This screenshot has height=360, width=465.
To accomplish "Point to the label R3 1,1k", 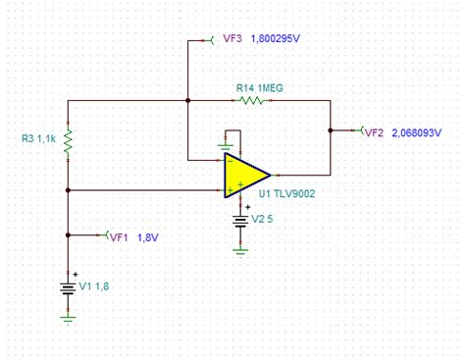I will coord(40,139).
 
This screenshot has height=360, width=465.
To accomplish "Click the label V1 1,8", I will coord(96,287).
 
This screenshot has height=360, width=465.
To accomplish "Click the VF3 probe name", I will coord(232,40).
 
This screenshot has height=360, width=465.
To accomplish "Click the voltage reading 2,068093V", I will coord(425,131).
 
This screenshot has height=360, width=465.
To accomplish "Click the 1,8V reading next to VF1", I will coord(147,236).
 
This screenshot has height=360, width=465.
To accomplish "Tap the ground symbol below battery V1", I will coord(68,317).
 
